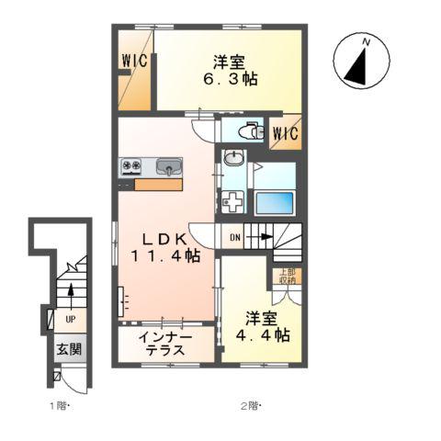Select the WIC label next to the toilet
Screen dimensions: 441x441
coord(285,134)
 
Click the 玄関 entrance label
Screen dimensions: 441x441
coord(68,349)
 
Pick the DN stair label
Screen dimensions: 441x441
coord(234,238)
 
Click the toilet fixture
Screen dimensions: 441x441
coord(245,130)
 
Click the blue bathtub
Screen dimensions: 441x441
coord(274,202)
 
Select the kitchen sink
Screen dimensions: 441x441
coord(168,167)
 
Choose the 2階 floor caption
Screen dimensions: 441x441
coord(252,405)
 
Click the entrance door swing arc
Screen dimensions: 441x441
coord(59,375)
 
